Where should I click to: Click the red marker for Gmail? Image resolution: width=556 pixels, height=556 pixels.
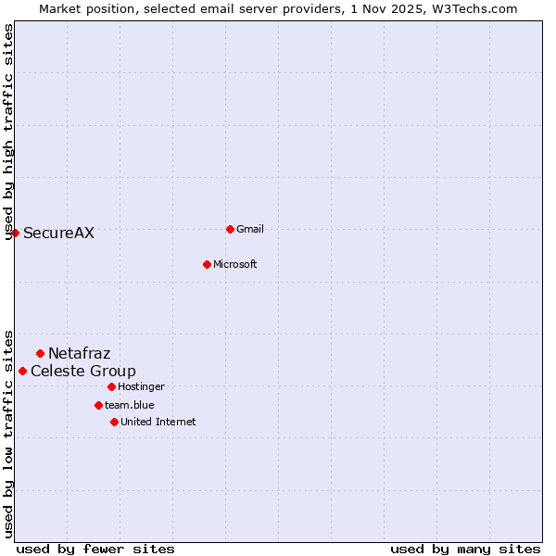(230, 229)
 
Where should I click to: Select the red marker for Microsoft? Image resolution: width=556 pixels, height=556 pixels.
(207, 264)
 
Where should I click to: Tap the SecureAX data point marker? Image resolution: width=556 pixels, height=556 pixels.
(15, 233)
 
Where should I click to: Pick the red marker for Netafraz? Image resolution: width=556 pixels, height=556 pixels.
(40, 353)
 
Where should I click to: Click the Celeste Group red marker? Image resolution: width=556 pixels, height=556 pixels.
(22, 371)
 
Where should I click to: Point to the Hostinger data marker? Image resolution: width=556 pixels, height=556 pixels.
(111, 386)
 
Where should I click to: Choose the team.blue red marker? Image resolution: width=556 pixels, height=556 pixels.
(98, 405)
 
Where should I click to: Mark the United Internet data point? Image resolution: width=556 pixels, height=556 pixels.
(114, 422)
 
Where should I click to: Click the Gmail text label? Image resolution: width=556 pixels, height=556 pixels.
(250, 229)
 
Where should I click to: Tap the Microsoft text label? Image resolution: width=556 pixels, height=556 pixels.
(235, 264)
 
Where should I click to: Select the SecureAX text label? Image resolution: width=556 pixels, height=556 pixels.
(58, 234)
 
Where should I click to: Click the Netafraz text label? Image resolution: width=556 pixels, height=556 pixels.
(79, 353)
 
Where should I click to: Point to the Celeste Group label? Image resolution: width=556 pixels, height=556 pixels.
(83, 372)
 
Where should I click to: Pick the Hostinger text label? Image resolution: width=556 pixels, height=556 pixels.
(141, 386)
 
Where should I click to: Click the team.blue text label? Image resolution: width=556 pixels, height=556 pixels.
(130, 405)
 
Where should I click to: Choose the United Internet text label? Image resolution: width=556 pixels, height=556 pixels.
(158, 422)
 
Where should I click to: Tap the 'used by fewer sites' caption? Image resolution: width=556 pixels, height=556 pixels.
(95, 549)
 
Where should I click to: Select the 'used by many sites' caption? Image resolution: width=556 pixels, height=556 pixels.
(465, 549)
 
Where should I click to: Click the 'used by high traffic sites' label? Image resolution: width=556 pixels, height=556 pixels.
(8, 132)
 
